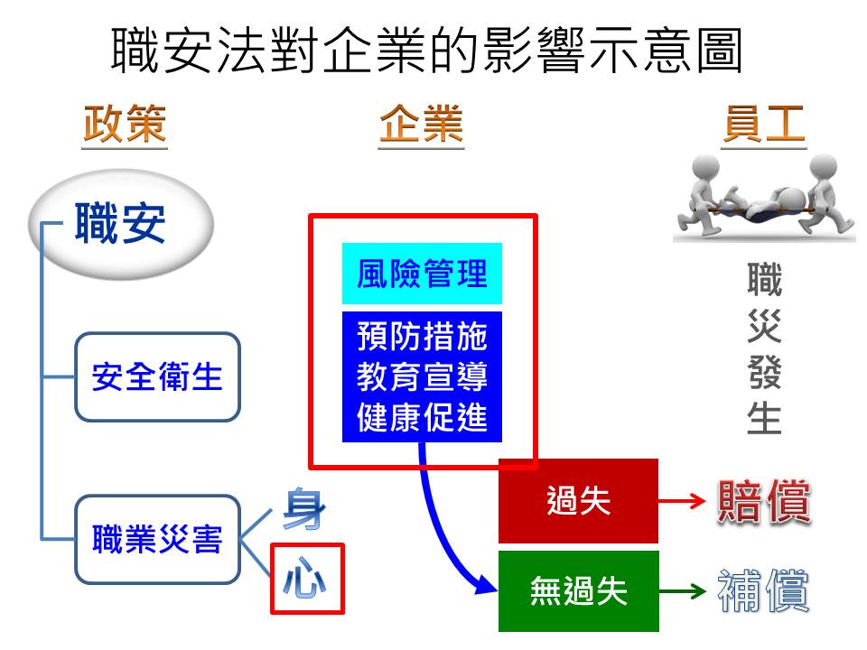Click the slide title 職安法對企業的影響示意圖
pyautogui.click(x=426, y=51)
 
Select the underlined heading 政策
pyautogui.click(x=125, y=125)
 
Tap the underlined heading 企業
pyautogui.click(x=421, y=125)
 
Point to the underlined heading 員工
pyautogui.click(x=763, y=125)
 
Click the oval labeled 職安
pyautogui.click(x=121, y=223)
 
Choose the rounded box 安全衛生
pyautogui.click(x=157, y=376)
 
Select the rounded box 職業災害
pyautogui.click(x=157, y=539)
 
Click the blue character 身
pyautogui.click(x=303, y=510)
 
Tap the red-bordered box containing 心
pyautogui.click(x=307, y=579)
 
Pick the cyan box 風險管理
pyautogui.click(x=422, y=273)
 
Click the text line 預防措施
pyautogui.click(x=422, y=337)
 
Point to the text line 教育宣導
pyautogui.click(x=422, y=377)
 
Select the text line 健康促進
pyautogui.click(x=422, y=418)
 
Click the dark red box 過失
pyautogui.click(x=578, y=501)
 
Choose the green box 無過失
pyautogui.click(x=578, y=591)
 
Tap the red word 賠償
pyautogui.click(x=763, y=501)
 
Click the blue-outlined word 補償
pyautogui.click(x=763, y=591)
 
